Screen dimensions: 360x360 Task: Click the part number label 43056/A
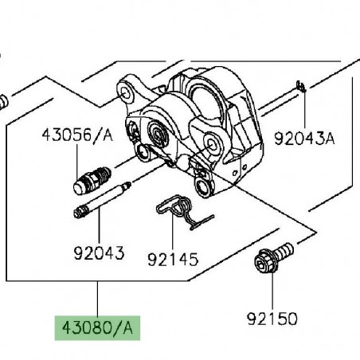pos(77,135)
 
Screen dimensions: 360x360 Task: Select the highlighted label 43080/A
pos(97,328)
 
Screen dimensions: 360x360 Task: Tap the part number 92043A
pos(304,139)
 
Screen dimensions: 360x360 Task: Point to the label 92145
pos(173,259)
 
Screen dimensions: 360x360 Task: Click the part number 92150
pos(272,319)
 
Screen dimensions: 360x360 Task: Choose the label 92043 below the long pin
pos(99,253)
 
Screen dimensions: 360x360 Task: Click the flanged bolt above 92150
pos(273,257)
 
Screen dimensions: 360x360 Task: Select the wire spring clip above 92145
pos(183,211)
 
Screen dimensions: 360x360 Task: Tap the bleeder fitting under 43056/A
pos(92,180)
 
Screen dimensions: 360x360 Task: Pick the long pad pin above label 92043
pos(102,199)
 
